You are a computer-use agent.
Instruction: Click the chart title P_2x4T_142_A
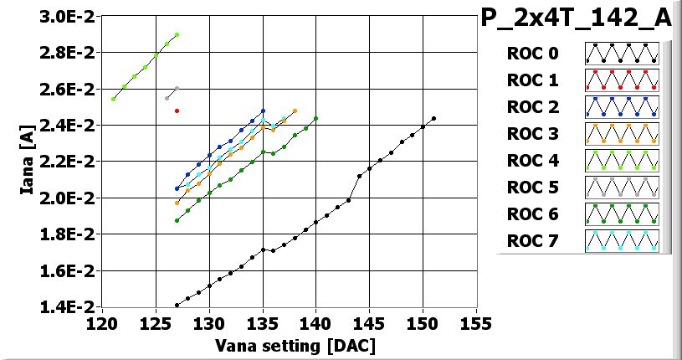(578, 18)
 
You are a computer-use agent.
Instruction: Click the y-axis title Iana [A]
(28, 161)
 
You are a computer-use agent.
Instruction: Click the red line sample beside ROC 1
(622, 81)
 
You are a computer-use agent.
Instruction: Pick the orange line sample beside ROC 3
(622, 135)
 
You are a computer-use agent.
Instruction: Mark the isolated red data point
(177, 111)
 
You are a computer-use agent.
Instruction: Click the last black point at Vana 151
(433, 118)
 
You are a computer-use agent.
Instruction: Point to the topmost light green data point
(177, 34)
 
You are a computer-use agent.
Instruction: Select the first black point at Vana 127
(177, 305)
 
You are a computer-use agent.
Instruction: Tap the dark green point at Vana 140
(315, 118)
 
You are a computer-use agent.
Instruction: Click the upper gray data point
(177, 88)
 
